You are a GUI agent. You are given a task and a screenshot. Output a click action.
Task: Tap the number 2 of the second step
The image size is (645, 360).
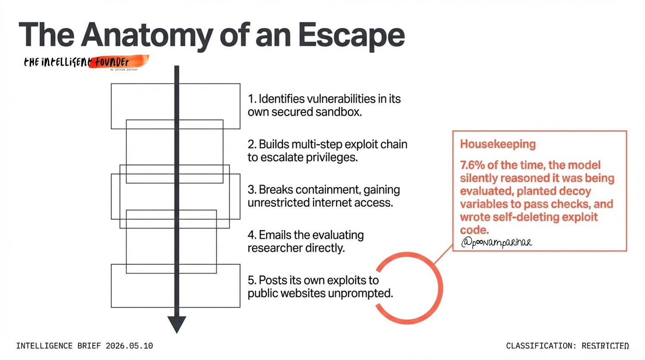(x=250, y=144)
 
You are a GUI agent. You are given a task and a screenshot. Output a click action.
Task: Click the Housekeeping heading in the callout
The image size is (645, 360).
(x=497, y=144)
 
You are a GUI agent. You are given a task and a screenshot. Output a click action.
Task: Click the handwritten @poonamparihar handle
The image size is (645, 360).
(x=496, y=242)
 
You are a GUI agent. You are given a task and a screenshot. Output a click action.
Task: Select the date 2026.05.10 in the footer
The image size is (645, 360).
(x=129, y=346)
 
